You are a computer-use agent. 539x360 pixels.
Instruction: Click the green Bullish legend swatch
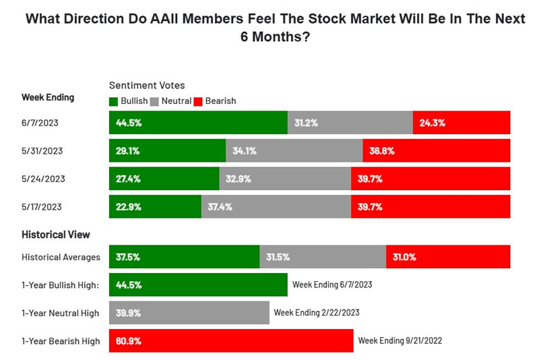pyautogui.click(x=113, y=101)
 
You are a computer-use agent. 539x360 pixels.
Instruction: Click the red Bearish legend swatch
pyautogui.click(x=198, y=101)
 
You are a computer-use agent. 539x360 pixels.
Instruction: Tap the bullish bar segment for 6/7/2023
pyautogui.click(x=198, y=123)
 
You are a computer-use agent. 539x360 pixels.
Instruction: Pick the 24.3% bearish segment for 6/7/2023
pyautogui.click(x=462, y=123)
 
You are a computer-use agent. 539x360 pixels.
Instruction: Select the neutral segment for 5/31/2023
pyautogui.click(x=294, y=151)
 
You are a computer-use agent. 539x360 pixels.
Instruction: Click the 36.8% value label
pyautogui.click(x=381, y=151)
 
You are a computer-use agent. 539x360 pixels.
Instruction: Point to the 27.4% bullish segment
pyautogui.click(x=164, y=179)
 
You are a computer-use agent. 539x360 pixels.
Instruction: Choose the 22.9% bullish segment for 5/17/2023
pyautogui.click(x=155, y=207)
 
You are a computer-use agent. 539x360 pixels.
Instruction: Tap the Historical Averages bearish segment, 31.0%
pyautogui.click(x=448, y=257)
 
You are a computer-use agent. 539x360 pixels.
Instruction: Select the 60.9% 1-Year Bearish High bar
pyautogui.click(x=231, y=341)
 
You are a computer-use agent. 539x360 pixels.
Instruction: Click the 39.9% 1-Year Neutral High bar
pyautogui.click(x=189, y=313)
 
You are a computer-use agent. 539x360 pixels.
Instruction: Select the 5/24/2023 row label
pyautogui.click(x=44, y=179)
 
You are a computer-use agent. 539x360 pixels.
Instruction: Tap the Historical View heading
pyautogui.click(x=56, y=235)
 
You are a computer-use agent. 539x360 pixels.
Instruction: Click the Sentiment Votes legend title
pyautogui.click(x=147, y=86)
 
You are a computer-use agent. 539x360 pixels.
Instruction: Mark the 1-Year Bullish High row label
pyautogui.click(x=61, y=285)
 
